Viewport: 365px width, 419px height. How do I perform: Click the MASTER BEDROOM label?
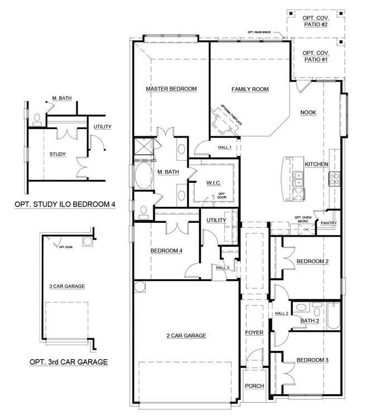pos(171,89)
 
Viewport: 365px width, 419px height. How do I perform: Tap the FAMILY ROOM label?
pos(250,89)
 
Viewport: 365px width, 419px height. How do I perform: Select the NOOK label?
pos(308,112)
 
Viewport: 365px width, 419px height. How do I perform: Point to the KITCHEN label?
pos(316,164)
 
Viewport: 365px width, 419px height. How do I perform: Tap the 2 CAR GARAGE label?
pos(186,336)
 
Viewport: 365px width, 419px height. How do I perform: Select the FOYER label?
pos(254,333)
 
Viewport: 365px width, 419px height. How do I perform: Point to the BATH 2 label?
pos(309,321)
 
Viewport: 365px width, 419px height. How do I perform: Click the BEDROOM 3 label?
pos(312,360)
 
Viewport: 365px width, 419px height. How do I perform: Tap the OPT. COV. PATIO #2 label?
pos(315,21)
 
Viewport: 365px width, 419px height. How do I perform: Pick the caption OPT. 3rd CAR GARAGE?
pos(68,362)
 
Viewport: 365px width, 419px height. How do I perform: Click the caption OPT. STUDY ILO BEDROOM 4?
pos(65,204)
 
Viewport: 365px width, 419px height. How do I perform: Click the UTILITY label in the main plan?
pos(216,220)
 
